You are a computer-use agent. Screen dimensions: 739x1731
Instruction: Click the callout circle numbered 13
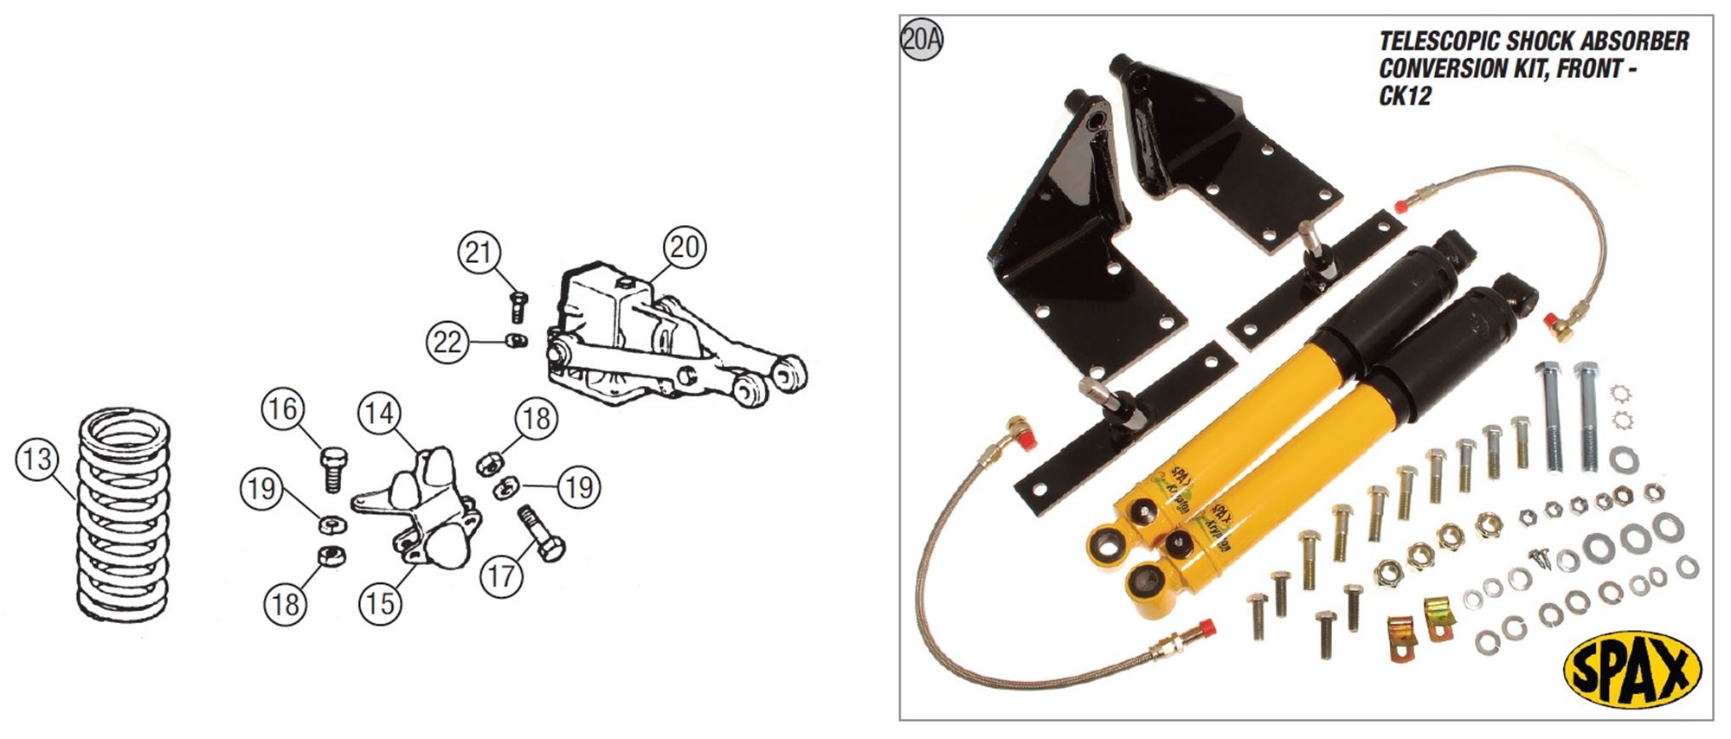[x=37, y=459]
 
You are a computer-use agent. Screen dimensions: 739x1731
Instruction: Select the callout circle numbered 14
[x=379, y=414]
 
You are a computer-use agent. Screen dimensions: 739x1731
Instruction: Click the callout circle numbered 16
[x=284, y=408]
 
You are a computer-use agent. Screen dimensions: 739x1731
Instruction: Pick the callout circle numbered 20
[x=685, y=247]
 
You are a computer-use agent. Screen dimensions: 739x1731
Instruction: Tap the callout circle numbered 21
[x=479, y=253]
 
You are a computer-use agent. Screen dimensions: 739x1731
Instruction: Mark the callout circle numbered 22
[x=447, y=343]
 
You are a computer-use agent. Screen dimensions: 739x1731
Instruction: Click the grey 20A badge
[x=922, y=40]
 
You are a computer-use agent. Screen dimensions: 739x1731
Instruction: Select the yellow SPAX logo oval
[x=1632, y=669]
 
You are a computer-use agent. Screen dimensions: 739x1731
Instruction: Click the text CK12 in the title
[x=1405, y=96]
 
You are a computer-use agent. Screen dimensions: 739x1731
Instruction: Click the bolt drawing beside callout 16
[x=332, y=468]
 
